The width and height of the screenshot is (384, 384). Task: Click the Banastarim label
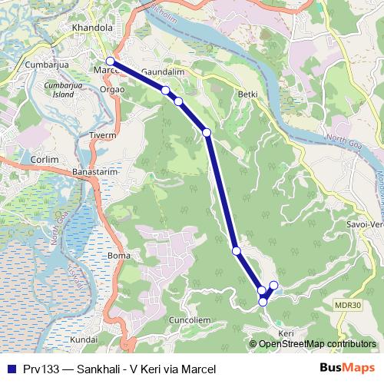click(96, 172)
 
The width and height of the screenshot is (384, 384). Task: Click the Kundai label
click(84, 339)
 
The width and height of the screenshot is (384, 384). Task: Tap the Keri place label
click(286, 333)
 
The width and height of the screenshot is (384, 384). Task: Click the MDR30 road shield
click(349, 305)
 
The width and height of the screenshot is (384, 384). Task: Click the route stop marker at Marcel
click(110, 61)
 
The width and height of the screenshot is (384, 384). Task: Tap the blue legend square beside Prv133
click(9, 369)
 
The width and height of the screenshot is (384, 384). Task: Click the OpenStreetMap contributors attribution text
click(317, 344)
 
